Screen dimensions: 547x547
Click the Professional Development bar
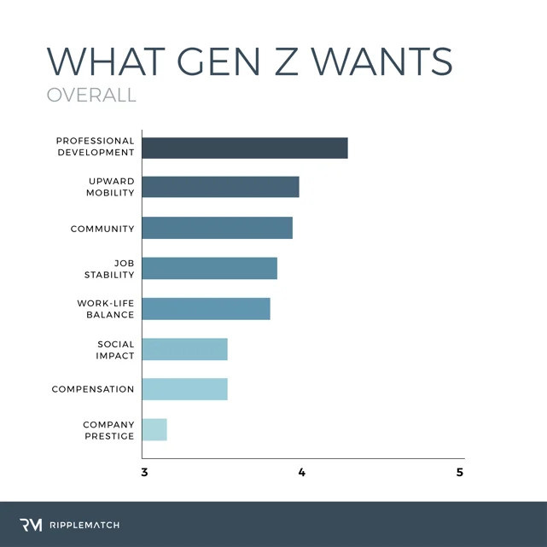[245, 147]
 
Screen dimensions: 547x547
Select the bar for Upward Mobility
[220, 186]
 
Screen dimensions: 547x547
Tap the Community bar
[217, 228]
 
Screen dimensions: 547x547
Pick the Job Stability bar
[209, 268]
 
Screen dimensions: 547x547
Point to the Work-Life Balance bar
[206, 308]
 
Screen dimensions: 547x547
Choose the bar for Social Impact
[184, 349]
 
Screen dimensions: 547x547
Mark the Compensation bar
[184, 389]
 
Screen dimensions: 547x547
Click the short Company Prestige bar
[154, 429]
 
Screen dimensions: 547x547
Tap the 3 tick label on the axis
[143, 473]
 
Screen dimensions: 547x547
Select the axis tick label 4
[302, 473]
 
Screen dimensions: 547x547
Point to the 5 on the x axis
[460, 473]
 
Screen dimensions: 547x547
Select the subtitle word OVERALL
[91, 95]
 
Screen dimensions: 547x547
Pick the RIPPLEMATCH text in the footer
[83, 525]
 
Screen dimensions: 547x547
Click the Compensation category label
[93, 389]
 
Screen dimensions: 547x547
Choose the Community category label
[102, 229]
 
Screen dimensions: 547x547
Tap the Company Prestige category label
[108, 430]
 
